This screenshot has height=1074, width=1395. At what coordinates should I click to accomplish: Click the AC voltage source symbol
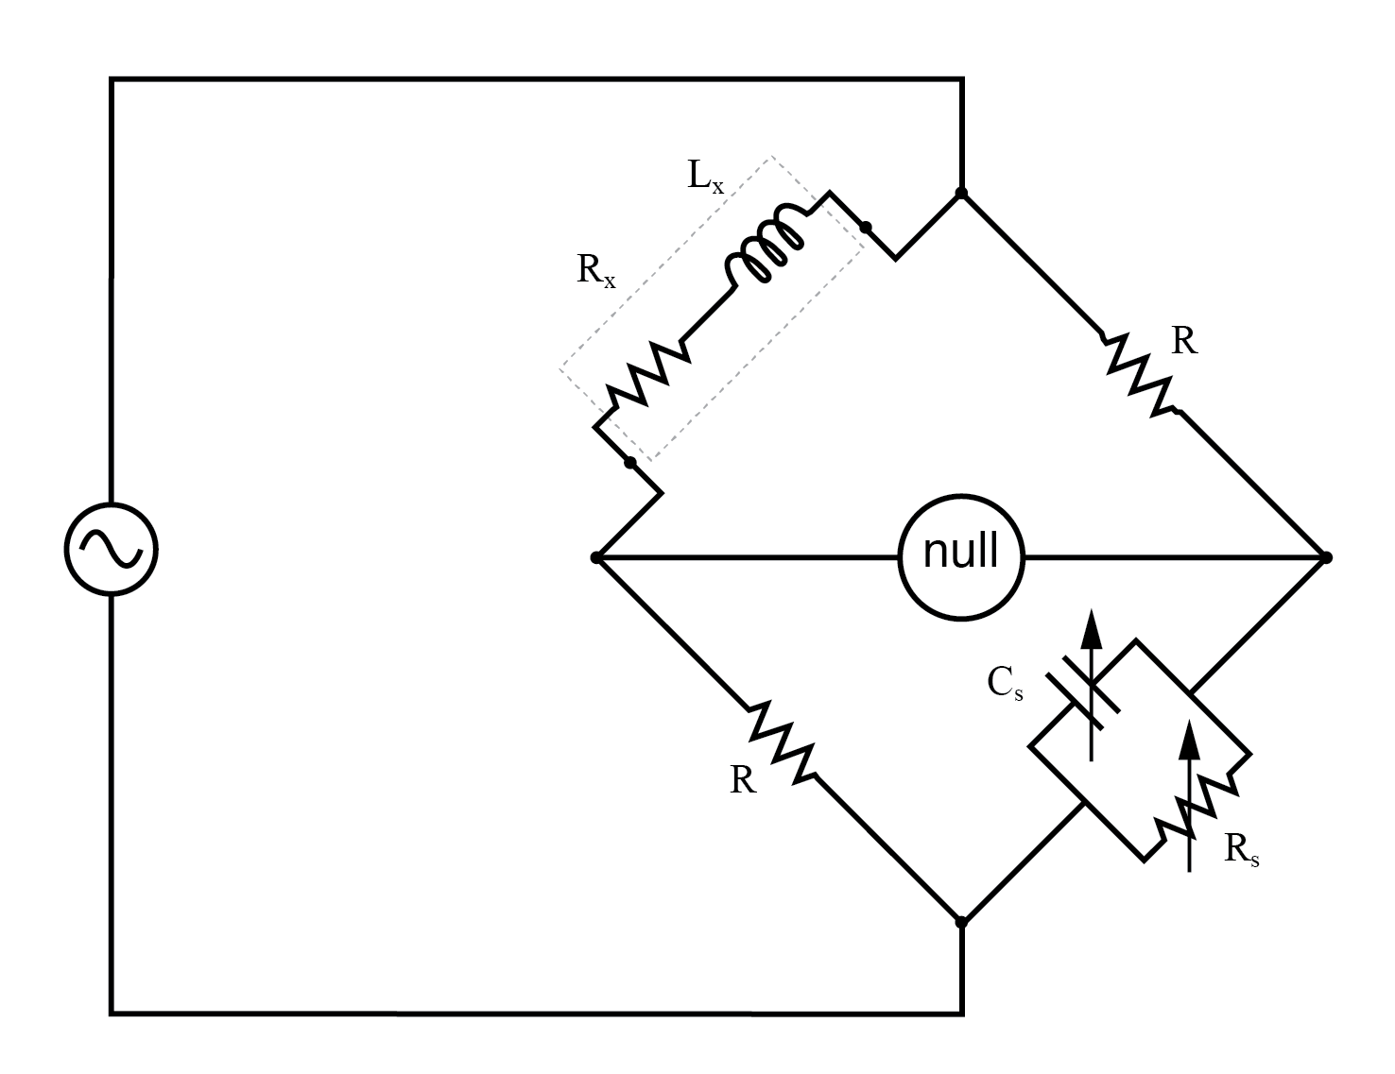click(x=111, y=549)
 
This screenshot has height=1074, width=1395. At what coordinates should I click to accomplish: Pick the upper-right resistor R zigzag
click(x=1139, y=373)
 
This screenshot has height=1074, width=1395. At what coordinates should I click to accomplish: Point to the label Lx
click(x=704, y=178)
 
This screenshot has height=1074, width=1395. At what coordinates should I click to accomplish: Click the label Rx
click(x=595, y=272)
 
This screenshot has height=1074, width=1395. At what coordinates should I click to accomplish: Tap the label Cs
click(x=1005, y=683)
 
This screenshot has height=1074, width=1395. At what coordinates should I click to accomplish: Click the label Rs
click(x=1241, y=850)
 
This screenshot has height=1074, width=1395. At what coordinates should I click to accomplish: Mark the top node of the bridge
click(x=961, y=193)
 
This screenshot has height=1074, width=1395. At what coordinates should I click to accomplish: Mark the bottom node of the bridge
click(x=961, y=921)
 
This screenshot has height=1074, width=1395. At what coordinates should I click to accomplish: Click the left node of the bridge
click(x=596, y=557)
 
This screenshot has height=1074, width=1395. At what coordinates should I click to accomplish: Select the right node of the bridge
click(x=1326, y=557)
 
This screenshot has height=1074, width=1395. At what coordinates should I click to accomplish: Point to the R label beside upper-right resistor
click(x=1184, y=341)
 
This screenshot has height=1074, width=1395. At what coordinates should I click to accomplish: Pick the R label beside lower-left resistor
click(x=743, y=780)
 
